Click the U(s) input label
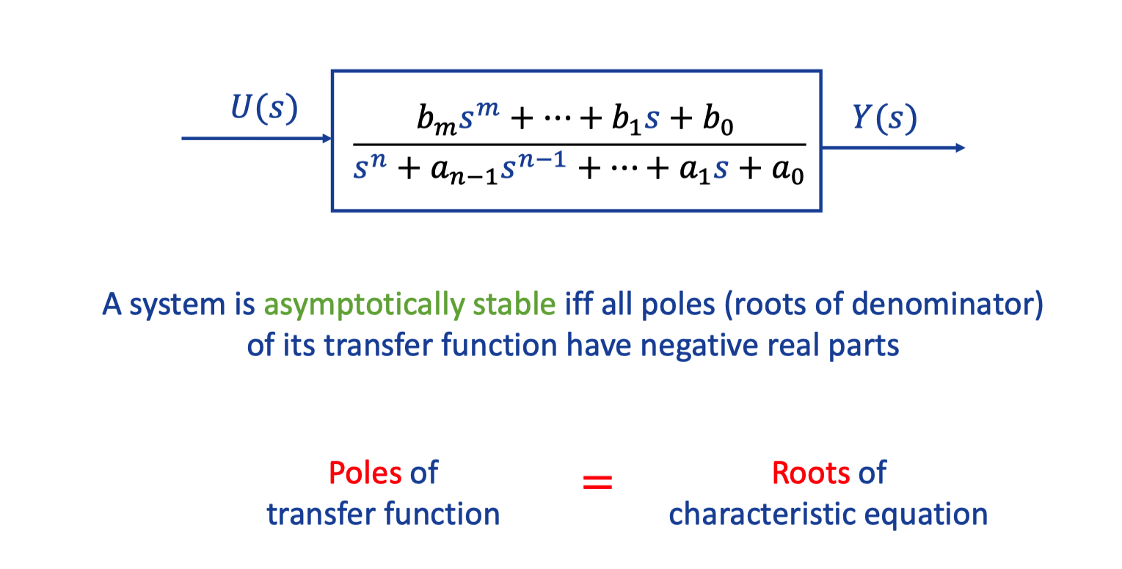(x=264, y=108)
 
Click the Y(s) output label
(x=884, y=118)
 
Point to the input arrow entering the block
(x=256, y=138)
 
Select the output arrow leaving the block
(x=894, y=148)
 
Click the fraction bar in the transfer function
(x=580, y=145)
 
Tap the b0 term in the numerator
(x=718, y=120)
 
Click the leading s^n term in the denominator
(x=370, y=165)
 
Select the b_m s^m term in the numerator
(x=458, y=118)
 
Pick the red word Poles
(x=365, y=472)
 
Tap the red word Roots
(x=811, y=472)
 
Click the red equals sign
(x=597, y=482)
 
